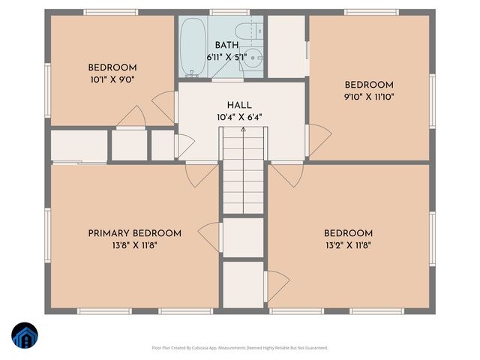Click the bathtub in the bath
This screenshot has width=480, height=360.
[193, 46]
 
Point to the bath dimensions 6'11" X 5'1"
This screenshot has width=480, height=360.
[226, 56]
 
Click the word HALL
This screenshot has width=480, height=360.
[239, 106]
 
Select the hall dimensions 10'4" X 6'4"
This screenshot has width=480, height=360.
[239, 117]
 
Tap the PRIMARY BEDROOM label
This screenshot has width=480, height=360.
[134, 233]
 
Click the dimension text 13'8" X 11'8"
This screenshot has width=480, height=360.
[134, 244]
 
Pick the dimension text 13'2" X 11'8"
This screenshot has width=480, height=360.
[348, 244]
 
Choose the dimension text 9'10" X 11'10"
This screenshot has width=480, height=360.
[369, 96]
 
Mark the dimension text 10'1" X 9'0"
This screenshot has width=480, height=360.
[112, 78]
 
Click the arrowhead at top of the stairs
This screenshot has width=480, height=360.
[243, 130]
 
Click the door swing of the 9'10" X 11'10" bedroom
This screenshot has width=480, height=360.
[319, 136]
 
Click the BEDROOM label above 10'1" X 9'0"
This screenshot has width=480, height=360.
[112, 66]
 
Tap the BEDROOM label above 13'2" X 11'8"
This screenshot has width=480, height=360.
[348, 233]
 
